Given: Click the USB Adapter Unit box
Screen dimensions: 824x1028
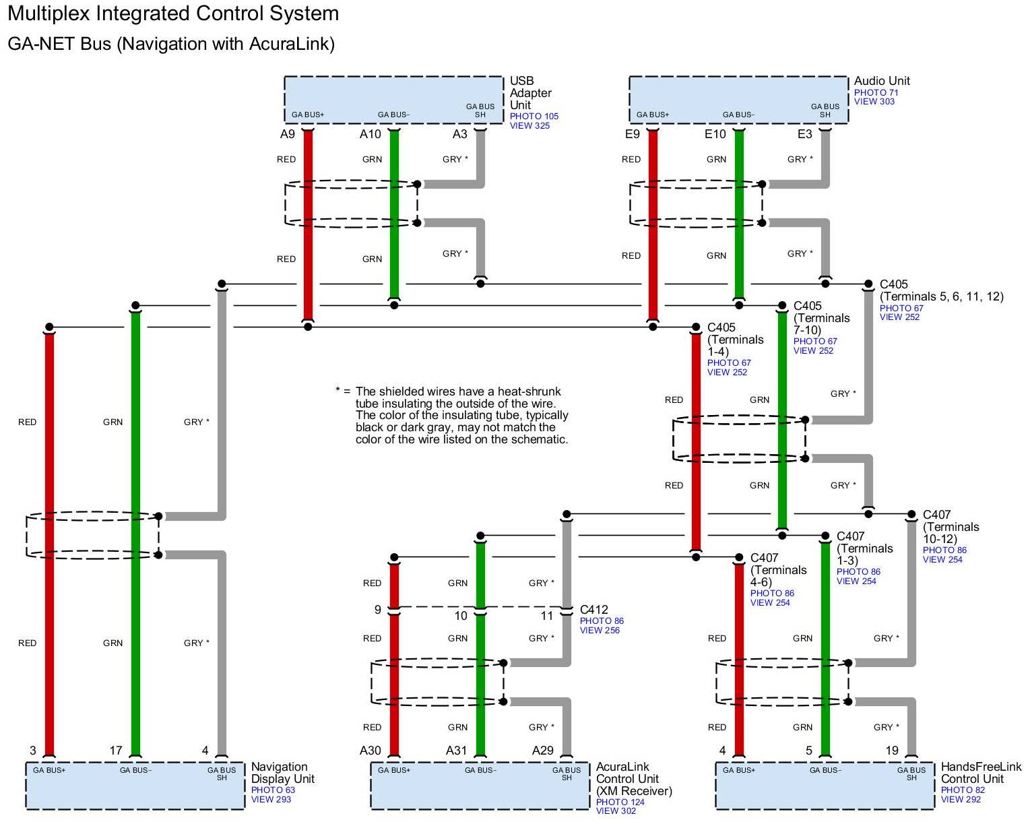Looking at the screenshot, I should pos(393,99).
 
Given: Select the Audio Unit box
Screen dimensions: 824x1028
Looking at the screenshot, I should pos(738,99).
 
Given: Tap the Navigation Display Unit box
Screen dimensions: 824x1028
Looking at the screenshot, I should pos(135,786).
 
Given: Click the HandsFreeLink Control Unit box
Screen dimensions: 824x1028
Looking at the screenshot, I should pos(825,786).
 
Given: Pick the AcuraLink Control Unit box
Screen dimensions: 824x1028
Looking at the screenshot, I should pos(480,786).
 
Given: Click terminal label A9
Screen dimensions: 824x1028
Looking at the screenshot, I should pos(288,134).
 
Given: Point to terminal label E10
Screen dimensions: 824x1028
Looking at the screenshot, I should pos(715,134).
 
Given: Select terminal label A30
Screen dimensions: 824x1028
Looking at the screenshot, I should pos(370,751).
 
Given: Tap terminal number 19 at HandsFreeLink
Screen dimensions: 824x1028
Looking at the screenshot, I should pos(891,751).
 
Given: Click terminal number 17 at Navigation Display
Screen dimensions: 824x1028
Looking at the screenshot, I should pos(116,751).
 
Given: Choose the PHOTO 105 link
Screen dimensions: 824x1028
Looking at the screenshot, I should pos(534,117).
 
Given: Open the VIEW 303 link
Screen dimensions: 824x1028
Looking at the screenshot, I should pos(874,102).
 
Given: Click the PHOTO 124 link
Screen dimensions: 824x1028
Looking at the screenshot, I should pos(620,802).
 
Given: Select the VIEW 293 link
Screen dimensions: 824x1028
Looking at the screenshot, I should pos(271,800).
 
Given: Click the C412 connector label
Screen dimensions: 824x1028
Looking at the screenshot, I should pos(593,610).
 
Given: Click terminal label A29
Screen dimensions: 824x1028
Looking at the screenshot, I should pos(542,751).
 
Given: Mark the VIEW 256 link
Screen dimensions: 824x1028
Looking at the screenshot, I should pos(600,631).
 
